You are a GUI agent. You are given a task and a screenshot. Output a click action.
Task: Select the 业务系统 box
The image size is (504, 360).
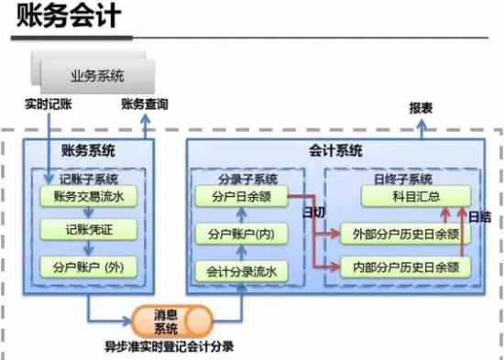[x=97, y=75]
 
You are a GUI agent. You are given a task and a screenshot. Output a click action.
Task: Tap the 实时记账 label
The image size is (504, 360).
[x=48, y=105]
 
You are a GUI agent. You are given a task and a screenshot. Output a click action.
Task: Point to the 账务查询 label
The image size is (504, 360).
[x=144, y=105]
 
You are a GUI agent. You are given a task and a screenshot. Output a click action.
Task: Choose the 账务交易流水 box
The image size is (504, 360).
[x=87, y=195]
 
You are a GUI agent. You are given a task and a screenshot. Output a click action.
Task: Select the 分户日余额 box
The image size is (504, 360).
[x=240, y=195]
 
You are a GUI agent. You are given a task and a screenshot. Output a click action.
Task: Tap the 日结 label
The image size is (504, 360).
[x=479, y=217]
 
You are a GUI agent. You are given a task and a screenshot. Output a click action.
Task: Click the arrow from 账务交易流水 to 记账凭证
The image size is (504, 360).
[x=87, y=213]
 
